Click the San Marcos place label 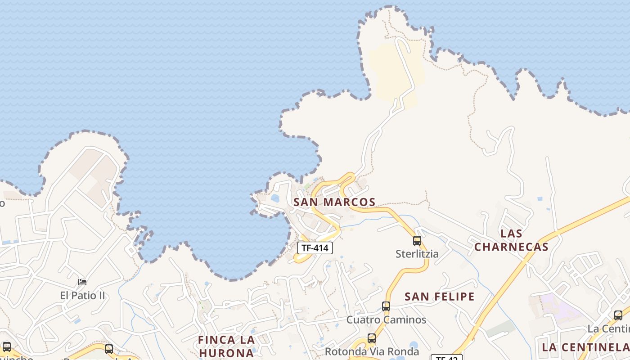click(334, 202)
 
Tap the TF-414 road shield click(315, 247)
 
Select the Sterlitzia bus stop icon click(417, 241)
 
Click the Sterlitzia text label click(417, 254)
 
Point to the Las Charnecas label click(512, 240)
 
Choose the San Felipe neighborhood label click(440, 297)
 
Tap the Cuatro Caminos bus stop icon click(386, 306)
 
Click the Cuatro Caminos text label click(386, 320)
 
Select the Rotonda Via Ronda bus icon click(372, 338)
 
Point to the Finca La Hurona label click(227, 346)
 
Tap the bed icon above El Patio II click(82, 282)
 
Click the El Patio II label click(82, 296)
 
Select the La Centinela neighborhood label click(585, 347)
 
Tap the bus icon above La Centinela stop click(618, 315)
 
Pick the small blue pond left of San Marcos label click(275, 198)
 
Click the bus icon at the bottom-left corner click(6, 347)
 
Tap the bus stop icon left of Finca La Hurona click(109, 349)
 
